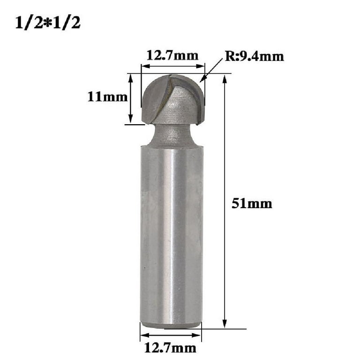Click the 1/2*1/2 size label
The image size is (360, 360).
coord(47,23)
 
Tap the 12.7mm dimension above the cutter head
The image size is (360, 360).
coord(172,56)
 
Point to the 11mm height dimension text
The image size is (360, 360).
coord(107,97)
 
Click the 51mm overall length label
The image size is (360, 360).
coord(252,204)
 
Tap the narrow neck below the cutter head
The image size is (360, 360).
coord(172,134)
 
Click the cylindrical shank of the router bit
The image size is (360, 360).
coord(172,234)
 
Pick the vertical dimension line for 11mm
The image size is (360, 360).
coord(131,98)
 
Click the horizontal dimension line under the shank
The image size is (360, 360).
coord(171,335)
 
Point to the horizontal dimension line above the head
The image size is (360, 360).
coord(172,67)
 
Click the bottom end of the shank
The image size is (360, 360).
coord(172,323)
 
